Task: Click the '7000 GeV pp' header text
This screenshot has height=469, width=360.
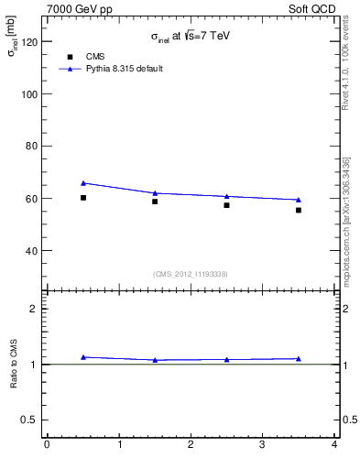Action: [x=80, y=9]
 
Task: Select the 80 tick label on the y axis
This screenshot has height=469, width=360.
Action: [x=33, y=147]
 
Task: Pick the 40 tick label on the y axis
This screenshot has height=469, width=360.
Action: [x=33, y=250]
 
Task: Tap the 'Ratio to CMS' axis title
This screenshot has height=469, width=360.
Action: [x=14, y=364]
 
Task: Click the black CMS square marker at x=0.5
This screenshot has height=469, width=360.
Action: [x=83, y=198]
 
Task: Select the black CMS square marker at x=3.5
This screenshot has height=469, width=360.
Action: [x=299, y=210]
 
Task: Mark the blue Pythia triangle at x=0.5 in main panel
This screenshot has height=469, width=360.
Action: [x=83, y=183]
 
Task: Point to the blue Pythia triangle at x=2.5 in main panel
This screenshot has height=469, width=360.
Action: [x=227, y=196]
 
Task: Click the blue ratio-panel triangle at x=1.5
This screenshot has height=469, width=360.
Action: [x=156, y=360]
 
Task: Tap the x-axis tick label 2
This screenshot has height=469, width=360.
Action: [x=191, y=446]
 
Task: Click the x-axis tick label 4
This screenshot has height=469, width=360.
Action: [x=334, y=446]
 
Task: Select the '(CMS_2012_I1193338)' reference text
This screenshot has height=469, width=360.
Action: [x=191, y=274]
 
